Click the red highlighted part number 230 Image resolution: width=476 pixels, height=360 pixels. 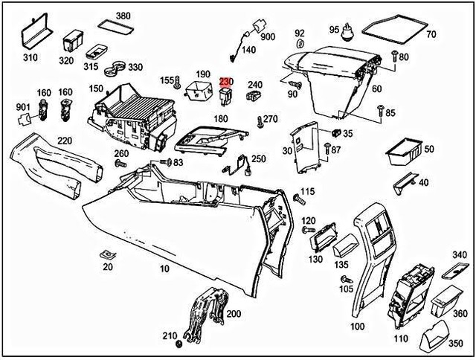pos(225,83)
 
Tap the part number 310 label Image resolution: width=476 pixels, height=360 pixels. pos(29,57)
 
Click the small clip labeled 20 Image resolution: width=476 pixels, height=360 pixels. pos(106,255)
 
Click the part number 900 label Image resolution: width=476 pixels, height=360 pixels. pos(268,36)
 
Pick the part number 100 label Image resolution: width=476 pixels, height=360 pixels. pos(357,327)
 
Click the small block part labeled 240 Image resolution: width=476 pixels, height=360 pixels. pos(254,96)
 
